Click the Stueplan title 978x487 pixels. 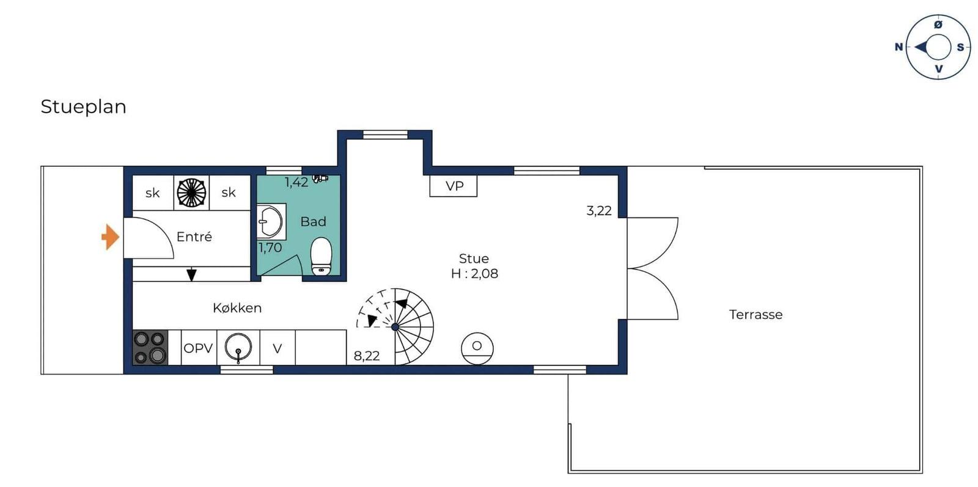tap(83, 106)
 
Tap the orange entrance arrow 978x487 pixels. tap(110, 237)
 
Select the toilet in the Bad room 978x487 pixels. tap(322, 257)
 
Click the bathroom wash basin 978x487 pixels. tap(270, 221)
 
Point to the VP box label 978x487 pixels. tap(454, 186)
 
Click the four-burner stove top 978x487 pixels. tap(150, 347)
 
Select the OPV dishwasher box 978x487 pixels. tap(199, 348)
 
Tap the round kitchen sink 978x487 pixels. tap(238, 347)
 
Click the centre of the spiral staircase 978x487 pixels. tap(395, 327)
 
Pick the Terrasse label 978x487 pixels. tap(756, 315)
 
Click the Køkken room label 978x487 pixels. tap(237, 308)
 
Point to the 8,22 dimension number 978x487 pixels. tap(367, 356)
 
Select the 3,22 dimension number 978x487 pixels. tap(599, 211)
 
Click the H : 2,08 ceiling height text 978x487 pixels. tap(474, 274)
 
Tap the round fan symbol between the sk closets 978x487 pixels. tap(191, 192)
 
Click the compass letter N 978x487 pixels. tap(899, 47)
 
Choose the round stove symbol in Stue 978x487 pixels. tap(477, 348)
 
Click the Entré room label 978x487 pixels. tap(194, 236)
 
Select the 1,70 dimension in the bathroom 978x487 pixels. tap(270, 247)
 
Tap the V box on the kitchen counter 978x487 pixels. tap(278, 348)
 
